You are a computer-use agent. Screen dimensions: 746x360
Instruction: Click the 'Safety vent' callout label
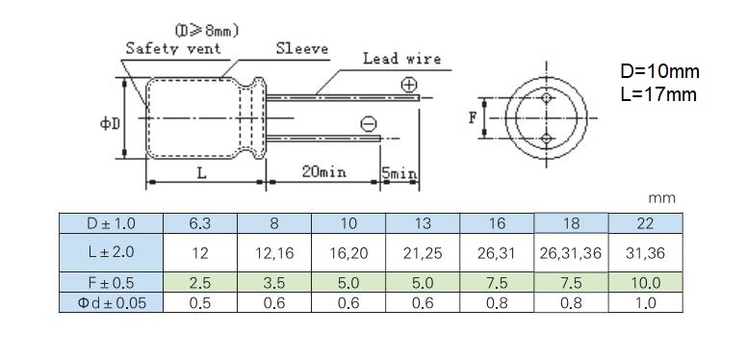[x=173, y=48]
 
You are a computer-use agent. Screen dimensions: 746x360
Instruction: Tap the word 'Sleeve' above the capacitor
[x=302, y=48]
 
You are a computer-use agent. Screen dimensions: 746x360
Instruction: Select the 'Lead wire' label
[x=402, y=59]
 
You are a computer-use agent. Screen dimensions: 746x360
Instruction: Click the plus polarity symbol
[x=409, y=85]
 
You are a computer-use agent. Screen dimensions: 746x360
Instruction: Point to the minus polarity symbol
[x=369, y=124]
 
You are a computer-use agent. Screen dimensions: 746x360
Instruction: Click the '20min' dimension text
[x=324, y=171]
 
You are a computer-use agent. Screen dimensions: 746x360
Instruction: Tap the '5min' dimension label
[x=399, y=173]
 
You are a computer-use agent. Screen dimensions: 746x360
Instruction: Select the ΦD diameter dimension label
[x=110, y=124]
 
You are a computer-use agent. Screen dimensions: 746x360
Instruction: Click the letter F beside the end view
[x=473, y=117]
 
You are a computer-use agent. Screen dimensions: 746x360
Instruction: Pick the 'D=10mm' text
[x=660, y=72]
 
